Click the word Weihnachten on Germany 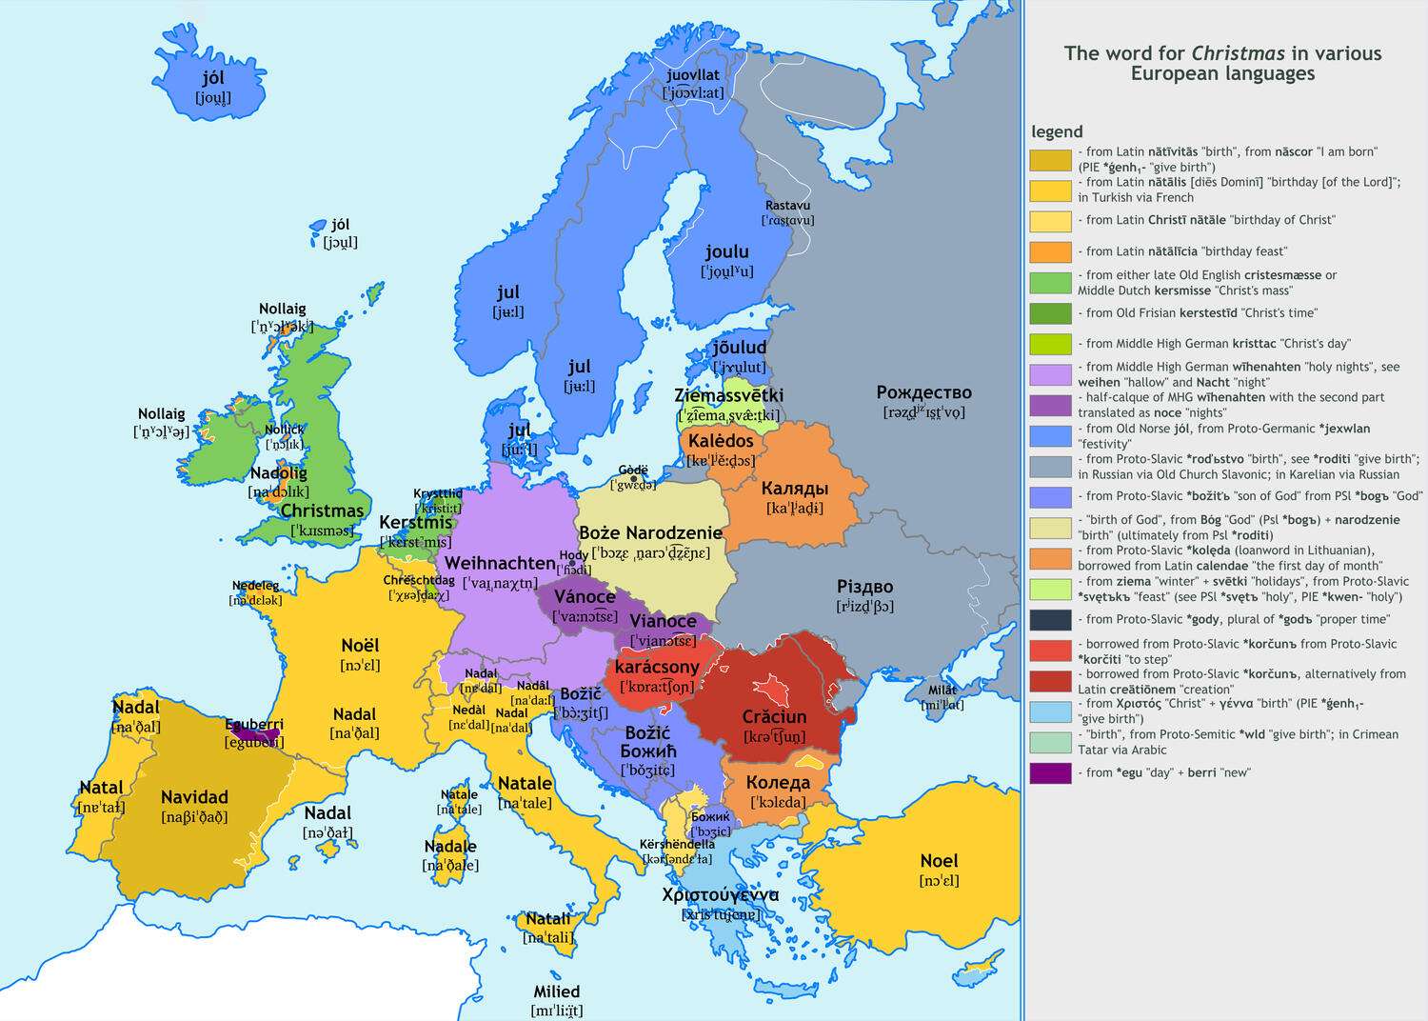pyautogui.click(x=500, y=563)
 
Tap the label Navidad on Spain pyautogui.click(x=194, y=797)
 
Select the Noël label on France pyautogui.click(x=360, y=645)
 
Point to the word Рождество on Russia pyautogui.click(x=923, y=392)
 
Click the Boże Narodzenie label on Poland pyautogui.click(x=650, y=532)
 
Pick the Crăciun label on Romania pyautogui.click(x=774, y=716)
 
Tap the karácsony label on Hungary pyautogui.click(x=657, y=667)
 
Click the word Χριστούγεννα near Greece pyautogui.click(x=720, y=894)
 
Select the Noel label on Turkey pyautogui.click(x=939, y=860)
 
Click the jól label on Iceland pyautogui.click(x=213, y=78)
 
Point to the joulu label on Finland pyautogui.click(x=727, y=251)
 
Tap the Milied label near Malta pyautogui.click(x=556, y=991)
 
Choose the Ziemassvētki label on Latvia pyautogui.click(x=728, y=395)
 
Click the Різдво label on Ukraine pyautogui.click(x=864, y=587)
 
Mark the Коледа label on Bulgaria pyautogui.click(x=778, y=782)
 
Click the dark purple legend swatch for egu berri pyautogui.click(x=1050, y=772)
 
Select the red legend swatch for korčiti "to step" pyautogui.click(x=1050, y=651)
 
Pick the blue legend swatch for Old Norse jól pyautogui.click(x=1050, y=435)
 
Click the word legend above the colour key pyautogui.click(x=1057, y=131)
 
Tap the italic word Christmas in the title pyautogui.click(x=1238, y=53)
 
